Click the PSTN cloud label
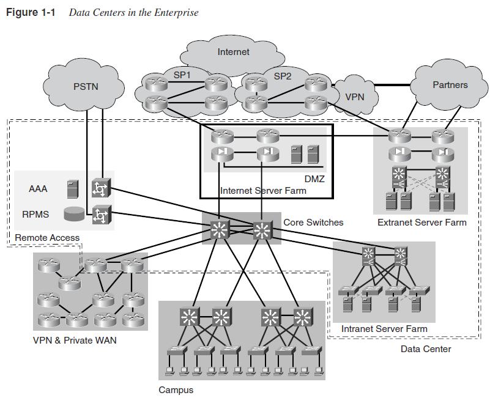click(x=85, y=86)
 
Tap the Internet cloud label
click(x=233, y=52)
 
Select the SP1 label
click(x=182, y=75)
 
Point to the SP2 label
click(x=283, y=76)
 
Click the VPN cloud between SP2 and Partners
click(x=354, y=97)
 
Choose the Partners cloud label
click(x=450, y=85)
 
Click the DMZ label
click(x=314, y=179)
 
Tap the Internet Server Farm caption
click(x=263, y=191)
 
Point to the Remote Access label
click(x=47, y=237)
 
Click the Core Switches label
click(x=313, y=222)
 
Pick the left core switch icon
click(x=219, y=230)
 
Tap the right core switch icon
click(x=262, y=230)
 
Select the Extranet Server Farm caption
click(x=421, y=222)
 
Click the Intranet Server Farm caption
click(x=384, y=329)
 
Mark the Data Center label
click(x=426, y=348)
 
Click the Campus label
click(x=176, y=389)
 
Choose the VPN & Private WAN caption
click(x=74, y=340)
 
